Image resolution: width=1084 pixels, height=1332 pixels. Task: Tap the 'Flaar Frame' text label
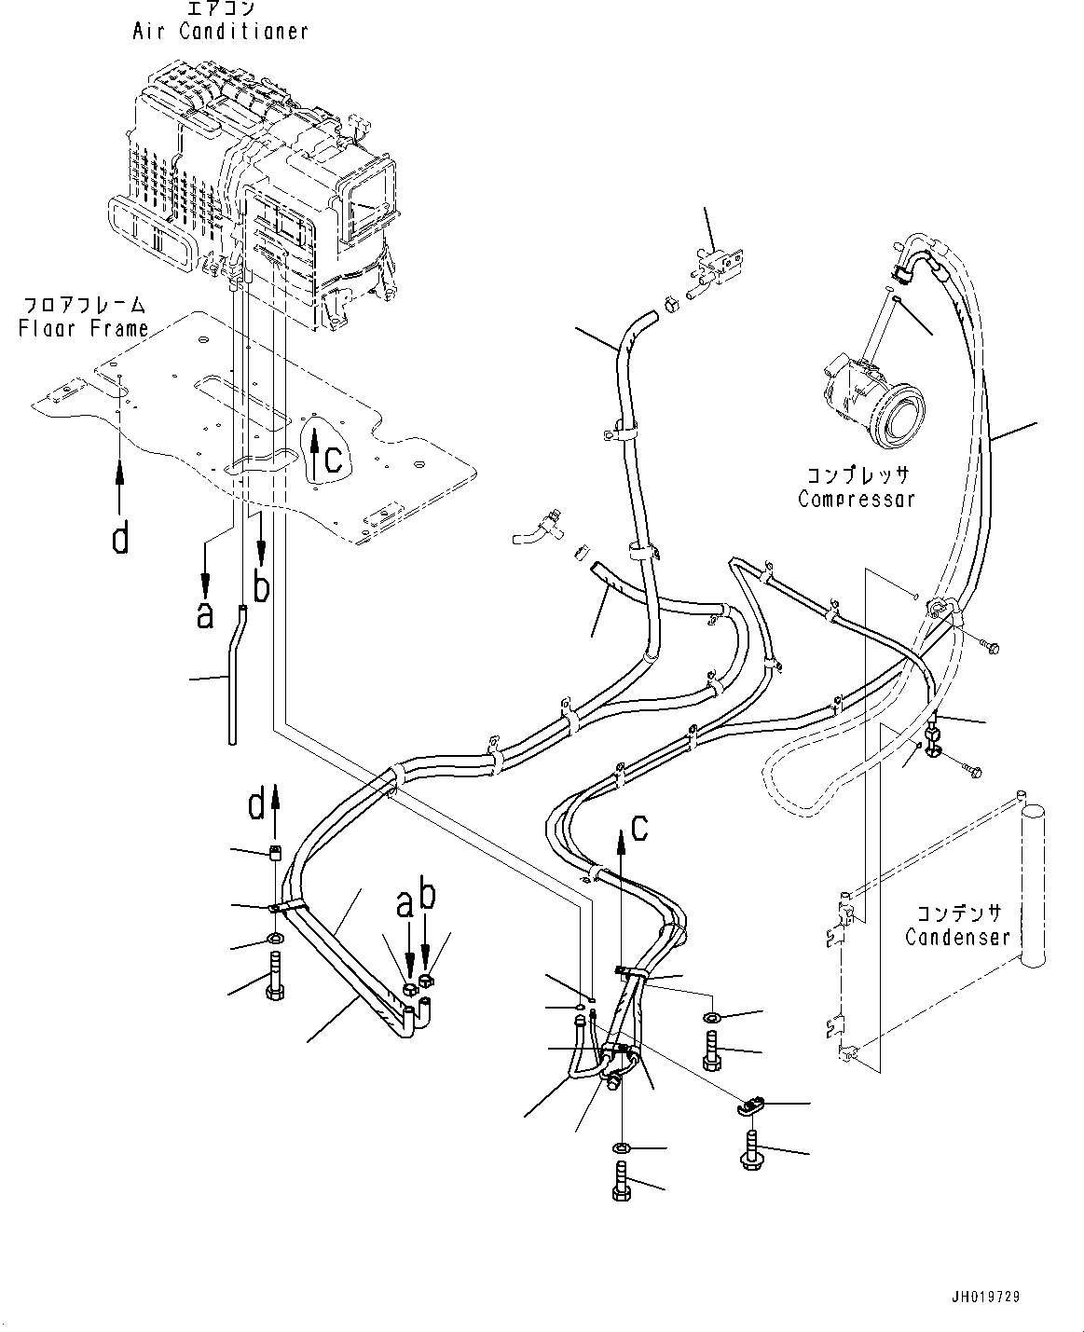pos(84,328)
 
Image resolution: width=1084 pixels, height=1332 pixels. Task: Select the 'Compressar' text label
pos(857,499)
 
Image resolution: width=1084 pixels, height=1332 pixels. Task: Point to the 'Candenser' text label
pos(957,936)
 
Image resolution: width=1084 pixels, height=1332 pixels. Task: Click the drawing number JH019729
pos(994,1296)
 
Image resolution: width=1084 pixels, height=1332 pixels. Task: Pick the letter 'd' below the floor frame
pos(120,537)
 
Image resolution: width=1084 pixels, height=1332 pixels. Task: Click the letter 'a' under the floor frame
pos(205,614)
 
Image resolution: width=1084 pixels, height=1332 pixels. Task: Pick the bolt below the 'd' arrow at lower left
pos(276,977)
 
